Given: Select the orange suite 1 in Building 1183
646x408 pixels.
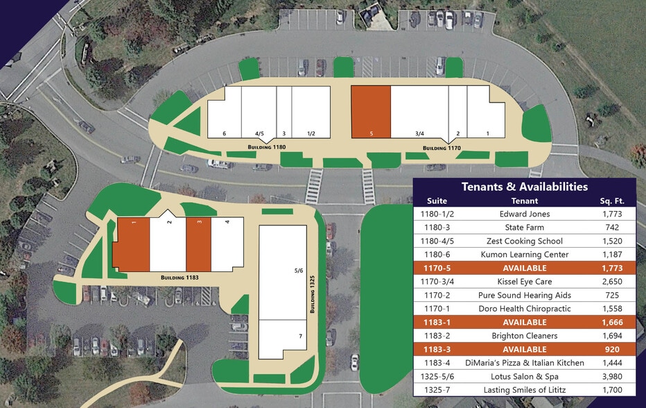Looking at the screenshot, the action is coord(131,245).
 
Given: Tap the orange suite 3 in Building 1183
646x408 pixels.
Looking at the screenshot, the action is coord(198,245).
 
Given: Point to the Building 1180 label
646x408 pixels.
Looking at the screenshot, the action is coord(267,148).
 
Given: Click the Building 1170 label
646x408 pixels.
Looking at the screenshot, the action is coord(442,148).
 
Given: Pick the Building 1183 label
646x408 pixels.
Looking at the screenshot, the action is coord(180,278).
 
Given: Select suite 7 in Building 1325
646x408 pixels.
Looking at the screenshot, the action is coord(281,339).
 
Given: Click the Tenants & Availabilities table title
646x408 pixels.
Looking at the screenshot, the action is coord(525,187).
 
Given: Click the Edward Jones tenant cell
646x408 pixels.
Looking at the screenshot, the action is coord(525,214).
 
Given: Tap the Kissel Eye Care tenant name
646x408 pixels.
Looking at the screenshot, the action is coord(525,282).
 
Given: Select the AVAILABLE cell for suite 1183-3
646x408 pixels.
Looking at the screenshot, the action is coord(525,350).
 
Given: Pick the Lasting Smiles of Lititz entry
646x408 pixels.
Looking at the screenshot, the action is coord(525,390).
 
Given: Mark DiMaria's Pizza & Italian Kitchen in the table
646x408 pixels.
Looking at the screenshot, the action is coord(525,363).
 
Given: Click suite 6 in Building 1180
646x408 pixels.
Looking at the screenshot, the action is coord(225,133).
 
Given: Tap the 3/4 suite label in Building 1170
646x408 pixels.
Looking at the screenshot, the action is coord(419,133).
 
